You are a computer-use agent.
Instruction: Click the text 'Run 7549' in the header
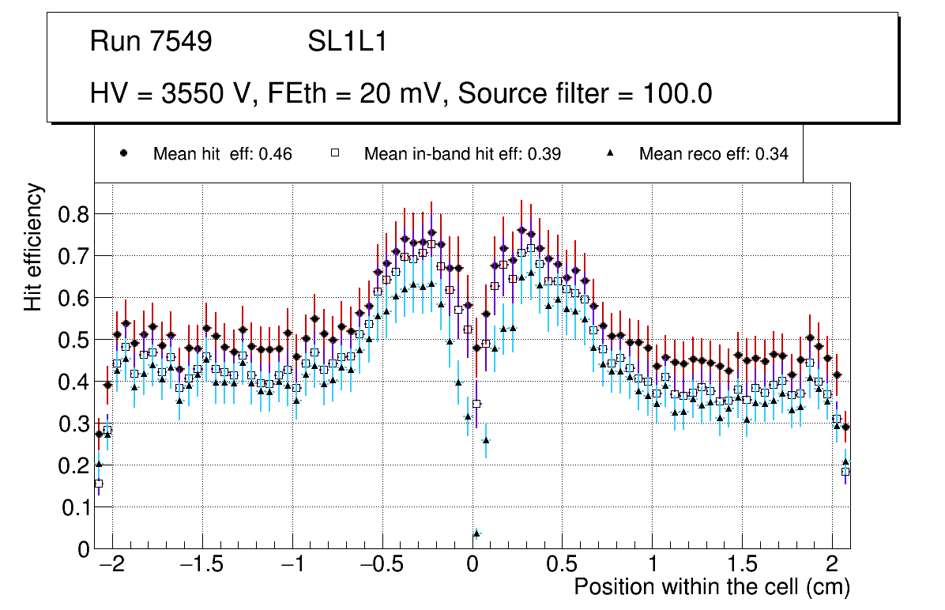point(151,42)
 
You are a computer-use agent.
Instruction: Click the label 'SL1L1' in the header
point(347,42)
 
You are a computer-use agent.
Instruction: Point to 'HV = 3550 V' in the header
point(168,94)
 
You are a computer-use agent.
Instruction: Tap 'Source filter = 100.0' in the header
point(585,94)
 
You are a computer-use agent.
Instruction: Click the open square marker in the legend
point(334,153)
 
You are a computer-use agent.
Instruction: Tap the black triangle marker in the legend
point(609,153)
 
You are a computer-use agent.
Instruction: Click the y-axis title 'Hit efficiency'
point(33,247)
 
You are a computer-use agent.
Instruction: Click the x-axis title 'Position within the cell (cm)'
point(711,587)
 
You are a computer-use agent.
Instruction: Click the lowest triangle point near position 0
point(476,533)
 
